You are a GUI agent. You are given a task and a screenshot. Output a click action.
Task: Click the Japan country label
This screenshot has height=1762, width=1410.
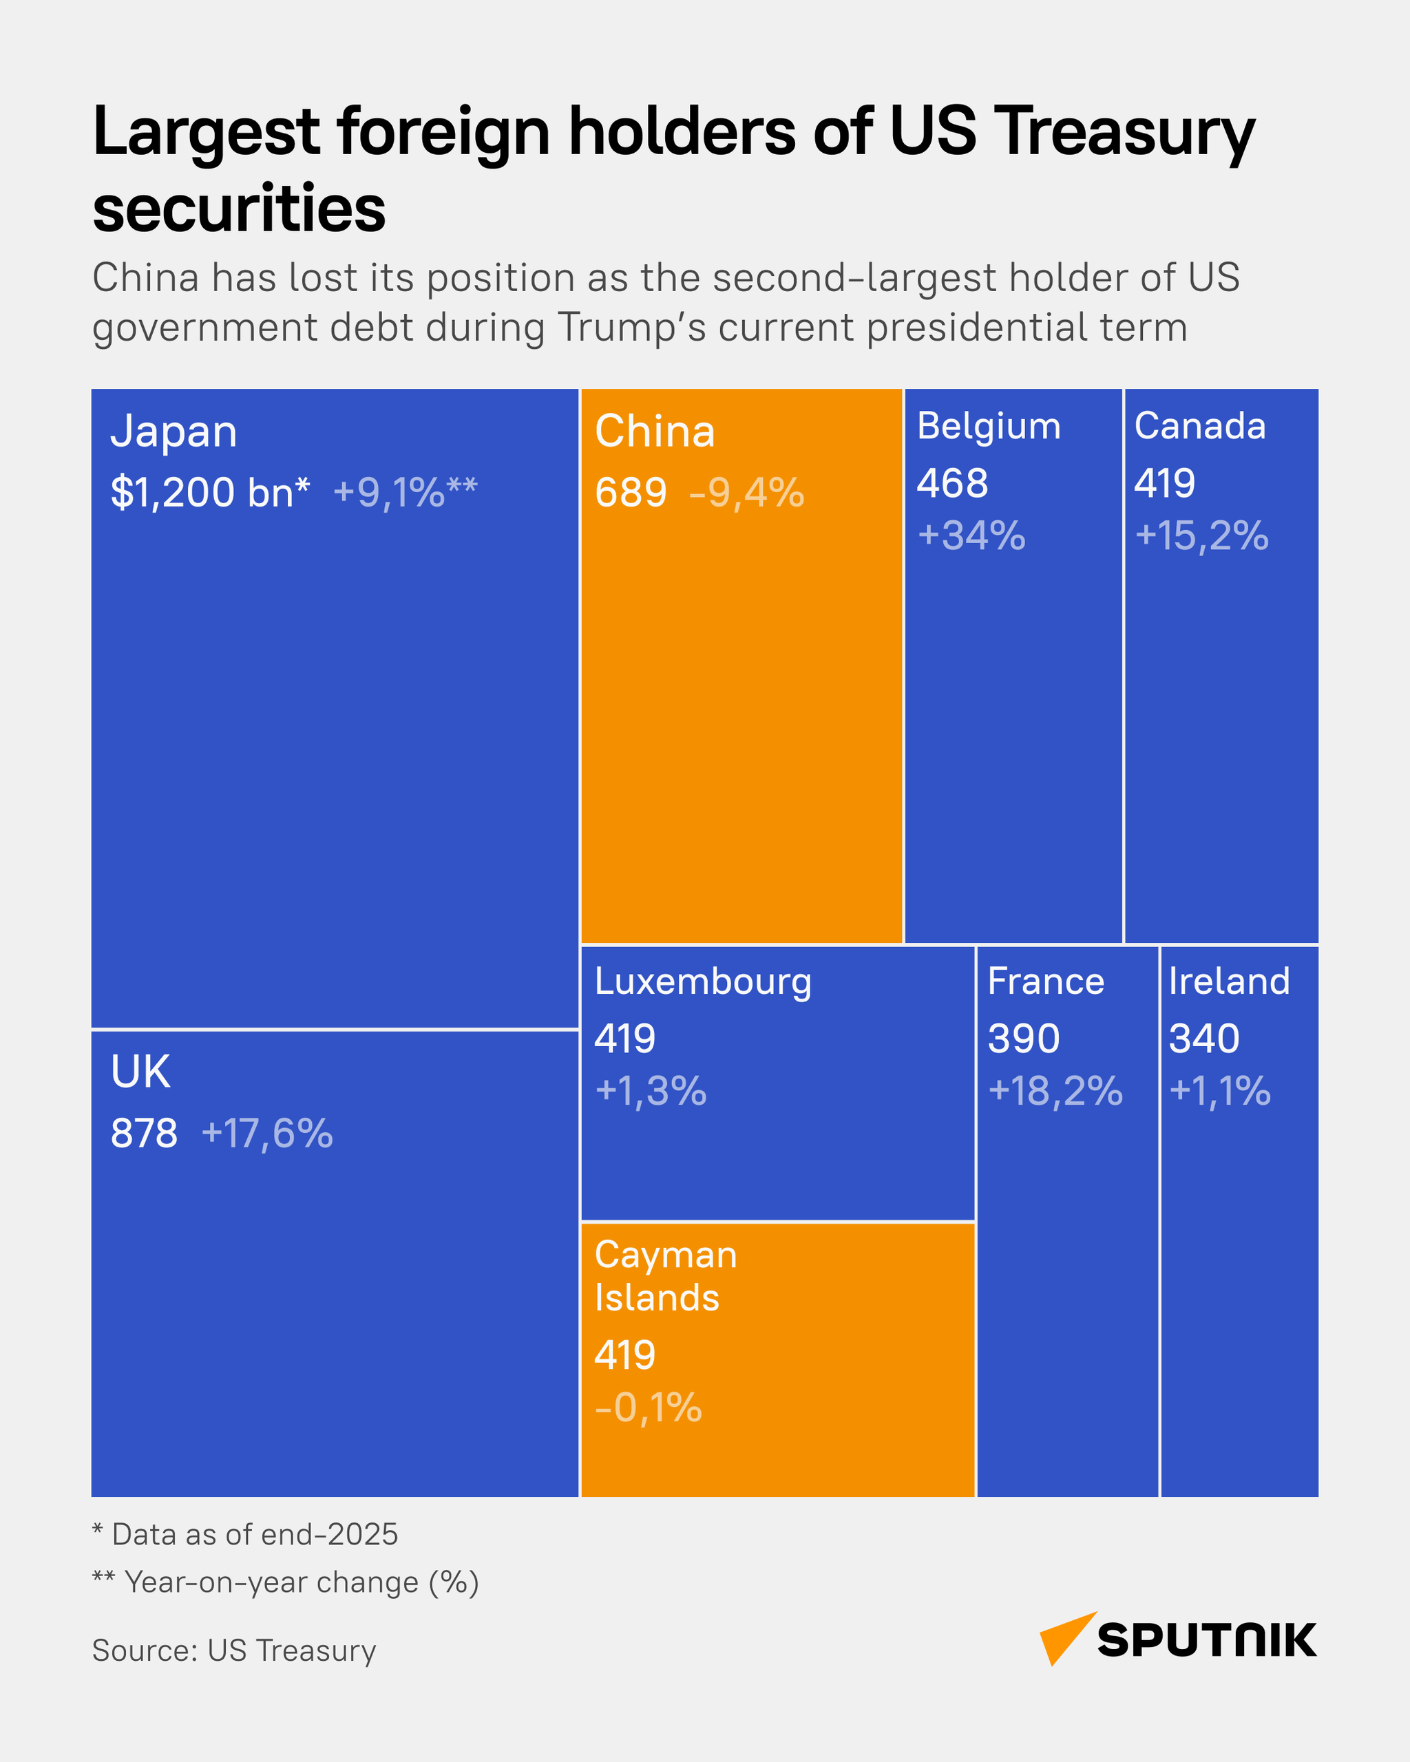(x=173, y=432)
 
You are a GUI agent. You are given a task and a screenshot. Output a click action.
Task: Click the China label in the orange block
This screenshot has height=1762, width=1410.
(x=655, y=432)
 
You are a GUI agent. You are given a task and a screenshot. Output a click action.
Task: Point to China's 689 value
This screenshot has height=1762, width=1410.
(x=630, y=493)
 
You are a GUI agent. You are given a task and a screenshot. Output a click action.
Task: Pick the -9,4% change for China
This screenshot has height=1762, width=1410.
(x=746, y=493)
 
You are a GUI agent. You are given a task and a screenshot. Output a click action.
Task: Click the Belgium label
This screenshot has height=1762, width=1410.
(x=988, y=427)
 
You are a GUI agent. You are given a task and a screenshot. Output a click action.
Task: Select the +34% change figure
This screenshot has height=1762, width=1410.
(x=971, y=536)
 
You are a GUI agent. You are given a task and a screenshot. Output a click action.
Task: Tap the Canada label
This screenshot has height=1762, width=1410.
(x=1199, y=427)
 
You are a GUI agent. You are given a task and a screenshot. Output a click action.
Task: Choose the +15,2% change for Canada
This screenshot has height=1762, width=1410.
(x=1201, y=536)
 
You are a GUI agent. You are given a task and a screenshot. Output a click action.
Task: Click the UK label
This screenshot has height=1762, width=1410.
(x=140, y=1072)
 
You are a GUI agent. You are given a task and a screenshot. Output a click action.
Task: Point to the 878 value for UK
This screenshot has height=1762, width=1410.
(x=144, y=1134)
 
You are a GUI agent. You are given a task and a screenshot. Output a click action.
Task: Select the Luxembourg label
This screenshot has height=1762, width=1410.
(x=703, y=982)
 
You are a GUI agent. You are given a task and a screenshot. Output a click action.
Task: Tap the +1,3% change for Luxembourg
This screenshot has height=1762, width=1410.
(x=651, y=1091)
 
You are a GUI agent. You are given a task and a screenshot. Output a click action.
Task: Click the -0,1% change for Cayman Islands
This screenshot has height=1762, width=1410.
(x=648, y=1408)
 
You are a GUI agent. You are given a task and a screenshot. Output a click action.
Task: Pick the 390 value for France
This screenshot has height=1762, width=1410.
(x=1023, y=1039)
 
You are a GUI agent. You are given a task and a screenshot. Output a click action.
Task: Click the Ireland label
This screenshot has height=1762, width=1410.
(x=1228, y=981)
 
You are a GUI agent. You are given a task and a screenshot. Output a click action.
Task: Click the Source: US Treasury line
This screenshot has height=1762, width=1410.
(x=234, y=1650)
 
